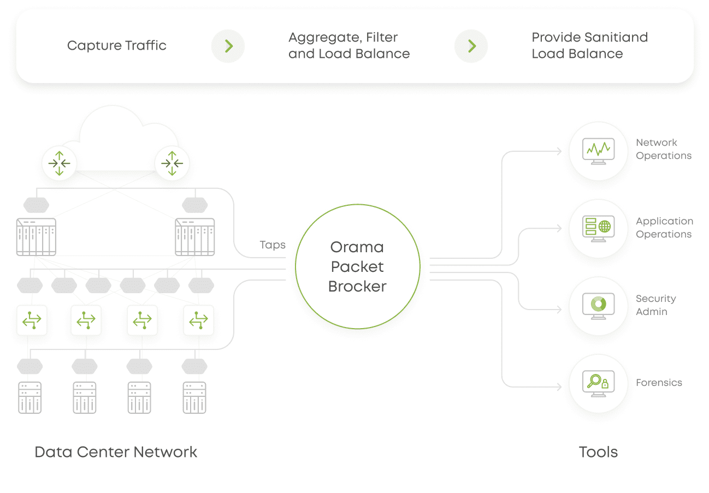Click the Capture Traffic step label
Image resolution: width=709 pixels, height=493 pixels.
pyautogui.click(x=116, y=45)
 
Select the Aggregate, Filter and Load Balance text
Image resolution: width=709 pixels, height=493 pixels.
pyautogui.click(x=349, y=45)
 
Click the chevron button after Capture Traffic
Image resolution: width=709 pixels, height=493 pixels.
pyautogui.click(x=228, y=46)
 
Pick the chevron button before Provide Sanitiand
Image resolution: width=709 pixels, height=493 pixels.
pyautogui.click(x=471, y=46)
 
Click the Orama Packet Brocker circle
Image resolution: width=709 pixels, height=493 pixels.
pyautogui.click(x=357, y=266)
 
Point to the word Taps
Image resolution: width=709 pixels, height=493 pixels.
pyautogui.click(x=273, y=245)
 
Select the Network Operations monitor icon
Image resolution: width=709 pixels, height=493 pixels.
pyautogui.click(x=598, y=151)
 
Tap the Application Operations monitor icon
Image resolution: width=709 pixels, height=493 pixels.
pyautogui.click(x=598, y=228)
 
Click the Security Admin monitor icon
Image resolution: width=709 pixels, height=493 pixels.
pyautogui.click(x=598, y=306)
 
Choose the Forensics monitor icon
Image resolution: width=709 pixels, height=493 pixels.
pyautogui.click(x=598, y=383)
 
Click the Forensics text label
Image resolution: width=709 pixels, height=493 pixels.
pyautogui.click(x=659, y=383)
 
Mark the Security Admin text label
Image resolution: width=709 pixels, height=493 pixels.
pyautogui.click(x=655, y=305)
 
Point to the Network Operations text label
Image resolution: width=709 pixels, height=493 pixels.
pyautogui.click(x=663, y=149)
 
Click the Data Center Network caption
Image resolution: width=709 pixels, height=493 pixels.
pyautogui.click(x=116, y=452)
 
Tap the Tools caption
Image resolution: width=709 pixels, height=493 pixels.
pyautogui.click(x=598, y=452)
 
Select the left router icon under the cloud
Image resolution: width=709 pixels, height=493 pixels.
pyautogui.click(x=60, y=163)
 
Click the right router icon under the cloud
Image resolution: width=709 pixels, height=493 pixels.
pyautogui.click(x=172, y=163)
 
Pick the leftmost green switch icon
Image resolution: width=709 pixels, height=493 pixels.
pyautogui.click(x=32, y=320)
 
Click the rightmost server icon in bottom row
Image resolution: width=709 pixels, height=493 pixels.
pyautogui.click(x=195, y=397)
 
